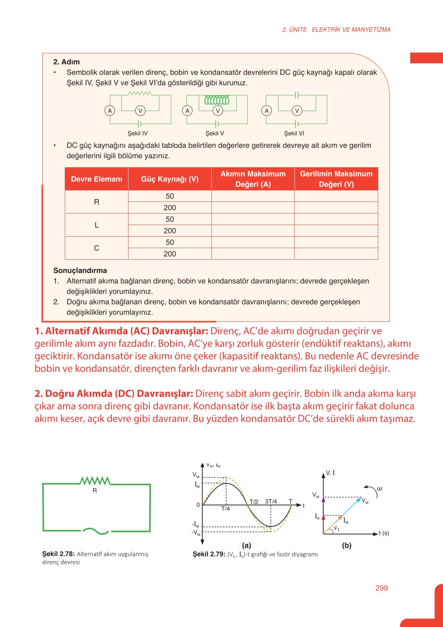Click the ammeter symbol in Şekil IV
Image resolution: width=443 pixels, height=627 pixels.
[x=110, y=111]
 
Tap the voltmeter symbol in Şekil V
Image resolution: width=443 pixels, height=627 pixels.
[x=218, y=111]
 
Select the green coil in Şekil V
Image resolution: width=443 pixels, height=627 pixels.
[x=217, y=100]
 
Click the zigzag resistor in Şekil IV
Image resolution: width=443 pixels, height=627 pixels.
[x=140, y=93]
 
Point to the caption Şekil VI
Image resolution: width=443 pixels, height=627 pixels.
[x=294, y=133]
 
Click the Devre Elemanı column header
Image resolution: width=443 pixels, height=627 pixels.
[x=96, y=179]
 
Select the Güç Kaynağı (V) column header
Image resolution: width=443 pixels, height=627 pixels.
[x=170, y=179]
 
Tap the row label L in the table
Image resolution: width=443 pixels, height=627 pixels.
[x=96, y=225]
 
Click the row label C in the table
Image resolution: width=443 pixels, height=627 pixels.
[x=96, y=248]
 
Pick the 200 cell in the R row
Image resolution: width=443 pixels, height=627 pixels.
[x=170, y=208]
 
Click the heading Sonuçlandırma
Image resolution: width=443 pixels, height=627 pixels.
[x=80, y=270]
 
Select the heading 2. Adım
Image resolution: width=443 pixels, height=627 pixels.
[x=66, y=62]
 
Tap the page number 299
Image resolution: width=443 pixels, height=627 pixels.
[x=382, y=588]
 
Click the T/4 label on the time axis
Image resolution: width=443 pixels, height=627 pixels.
[x=226, y=509]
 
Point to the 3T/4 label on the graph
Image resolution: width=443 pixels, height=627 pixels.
[x=271, y=501]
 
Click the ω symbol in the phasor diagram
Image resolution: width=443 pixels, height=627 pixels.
[x=379, y=488]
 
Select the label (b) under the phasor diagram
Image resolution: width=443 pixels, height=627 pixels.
[x=347, y=545]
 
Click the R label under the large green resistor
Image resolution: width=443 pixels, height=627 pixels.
[x=95, y=491]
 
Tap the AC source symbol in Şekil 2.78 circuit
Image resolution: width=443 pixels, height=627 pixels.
[x=95, y=531]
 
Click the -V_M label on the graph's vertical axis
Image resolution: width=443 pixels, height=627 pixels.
[x=196, y=533]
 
